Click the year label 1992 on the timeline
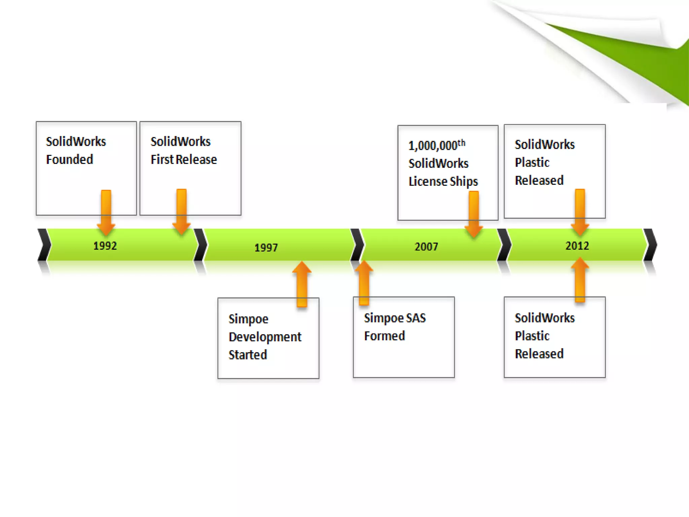pyautogui.click(x=105, y=246)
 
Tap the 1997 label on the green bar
pyautogui.click(x=266, y=248)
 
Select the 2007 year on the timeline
pyautogui.click(x=426, y=247)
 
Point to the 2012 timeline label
pyautogui.click(x=577, y=246)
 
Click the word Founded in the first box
pyautogui.click(x=69, y=159)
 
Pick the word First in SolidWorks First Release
pyautogui.click(x=162, y=159)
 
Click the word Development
pyautogui.click(x=265, y=337)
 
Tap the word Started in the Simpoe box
pyautogui.click(x=248, y=355)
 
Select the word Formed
pyautogui.click(x=384, y=336)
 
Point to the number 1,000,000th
pyautogui.click(x=436, y=145)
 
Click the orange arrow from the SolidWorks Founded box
pyautogui.click(x=106, y=212)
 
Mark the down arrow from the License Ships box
pyautogui.click(x=474, y=214)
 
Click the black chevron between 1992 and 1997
pyautogui.click(x=201, y=245)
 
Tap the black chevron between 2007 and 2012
pyautogui.click(x=504, y=245)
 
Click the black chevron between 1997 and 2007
pyautogui.click(x=357, y=245)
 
